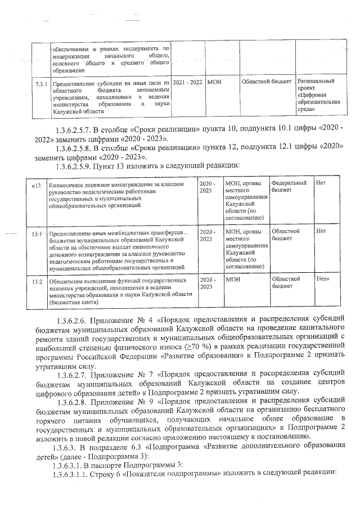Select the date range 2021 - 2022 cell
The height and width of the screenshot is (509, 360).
pos(187,82)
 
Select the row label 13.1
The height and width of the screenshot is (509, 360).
pos(38,233)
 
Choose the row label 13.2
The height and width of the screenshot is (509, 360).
pos(38,280)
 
